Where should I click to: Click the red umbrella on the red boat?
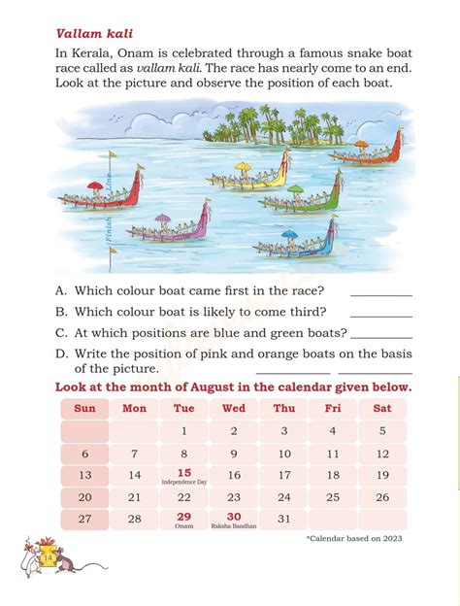tap(95, 186)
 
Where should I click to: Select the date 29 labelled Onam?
tap(183, 517)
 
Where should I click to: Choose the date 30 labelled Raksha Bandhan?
tap(233, 517)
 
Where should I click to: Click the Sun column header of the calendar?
tap(84, 408)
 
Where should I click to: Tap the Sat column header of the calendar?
tap(382, 408)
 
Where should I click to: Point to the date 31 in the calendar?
tap(283, 519)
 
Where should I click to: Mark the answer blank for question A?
tap(380, 294)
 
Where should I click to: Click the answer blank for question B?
tap(380, 316)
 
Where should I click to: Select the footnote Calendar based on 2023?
tap(354, 539)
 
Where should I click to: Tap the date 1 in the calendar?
tap(183, 431)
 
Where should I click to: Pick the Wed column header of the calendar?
tap(233, 408)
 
